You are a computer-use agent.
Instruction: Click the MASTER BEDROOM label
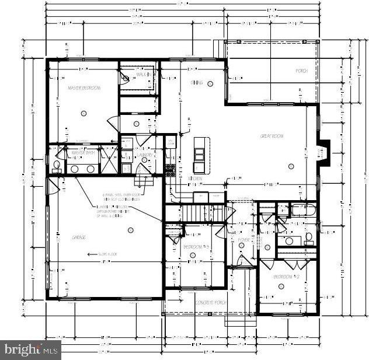[x=85, y=88]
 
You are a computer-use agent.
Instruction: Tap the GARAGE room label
[x=79, y=237]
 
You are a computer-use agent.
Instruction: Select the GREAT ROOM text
[x=271, y=136]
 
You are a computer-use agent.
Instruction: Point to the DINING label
[x=196, y=83]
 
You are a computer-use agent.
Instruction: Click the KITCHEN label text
[x=195, y=178]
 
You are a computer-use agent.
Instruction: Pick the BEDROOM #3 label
[x=196, y=247]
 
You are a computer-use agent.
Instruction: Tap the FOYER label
[x=243, y=240]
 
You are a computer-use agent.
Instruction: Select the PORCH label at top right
[x=301, y=71]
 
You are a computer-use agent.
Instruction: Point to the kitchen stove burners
[x=171, y=170]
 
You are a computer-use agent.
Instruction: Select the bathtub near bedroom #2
[x=303, y=210]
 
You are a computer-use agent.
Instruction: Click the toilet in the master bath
[x=56, y=166]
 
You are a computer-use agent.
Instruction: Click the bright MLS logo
[x=31, y=349]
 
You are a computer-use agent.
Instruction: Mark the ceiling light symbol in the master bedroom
[x=85, y=113]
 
